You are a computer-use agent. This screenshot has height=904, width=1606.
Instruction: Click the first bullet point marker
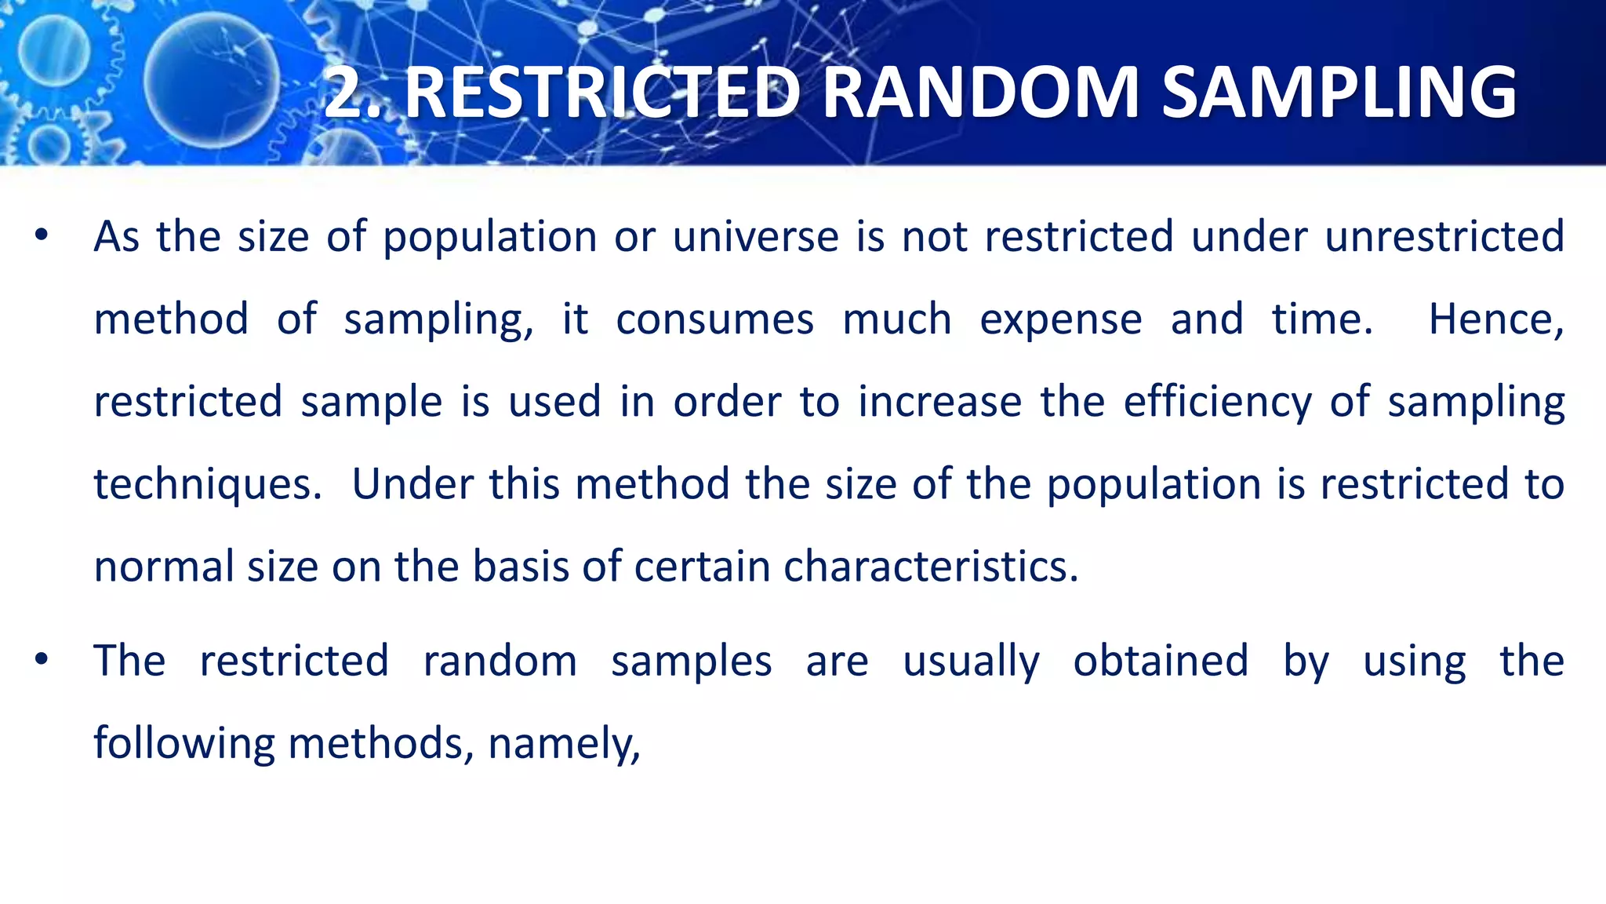point(42,235)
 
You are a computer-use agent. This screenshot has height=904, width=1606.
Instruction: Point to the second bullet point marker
point(42,659)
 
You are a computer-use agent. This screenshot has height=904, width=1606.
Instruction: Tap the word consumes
point(714,319)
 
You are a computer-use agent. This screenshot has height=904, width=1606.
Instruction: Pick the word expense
point(1061,319)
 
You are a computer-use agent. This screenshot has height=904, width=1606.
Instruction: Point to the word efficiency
point(1217,402)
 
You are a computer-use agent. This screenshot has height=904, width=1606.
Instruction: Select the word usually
point(971,662)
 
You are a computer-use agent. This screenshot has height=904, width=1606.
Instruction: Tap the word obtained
point(1161,661)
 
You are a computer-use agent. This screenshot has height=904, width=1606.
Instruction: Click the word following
point(184,743)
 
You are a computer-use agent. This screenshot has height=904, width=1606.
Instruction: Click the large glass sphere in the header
point(211,82)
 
